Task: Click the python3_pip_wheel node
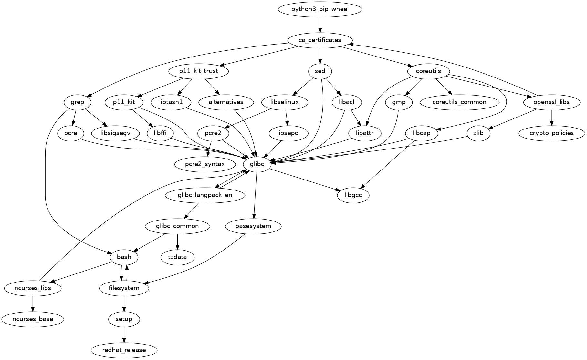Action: click(320, 9)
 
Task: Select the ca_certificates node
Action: click(320, 40)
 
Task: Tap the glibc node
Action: click(257, 164)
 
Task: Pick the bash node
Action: click(124, 257)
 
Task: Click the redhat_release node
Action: click(124, 350)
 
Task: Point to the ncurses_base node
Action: click(33, 319)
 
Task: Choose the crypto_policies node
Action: click(551, 133)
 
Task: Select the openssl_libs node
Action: click(551, 102)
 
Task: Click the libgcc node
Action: click(353, 195)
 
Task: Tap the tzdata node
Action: click(177, 257)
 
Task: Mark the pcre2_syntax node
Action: click(205, 164)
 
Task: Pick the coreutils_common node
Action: click(459, 102)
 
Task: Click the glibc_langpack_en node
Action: click(205, 195)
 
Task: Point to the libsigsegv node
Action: click(115, 133)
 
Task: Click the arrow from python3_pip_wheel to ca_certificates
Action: click(320, 25)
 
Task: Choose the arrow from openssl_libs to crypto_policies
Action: click(551, 118)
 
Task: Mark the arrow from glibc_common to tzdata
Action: click(177, 242)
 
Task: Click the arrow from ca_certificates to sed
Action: click(320, 56)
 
